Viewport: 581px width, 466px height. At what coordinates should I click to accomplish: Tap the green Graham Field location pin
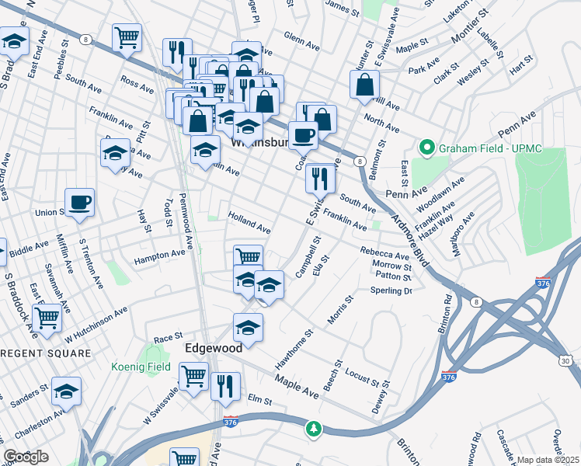coord(426,147)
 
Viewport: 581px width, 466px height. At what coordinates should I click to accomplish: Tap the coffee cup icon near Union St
coord(80,203)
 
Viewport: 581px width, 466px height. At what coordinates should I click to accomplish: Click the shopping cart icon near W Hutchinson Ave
coord(47,317)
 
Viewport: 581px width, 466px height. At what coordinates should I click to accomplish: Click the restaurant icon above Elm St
coord(225,386)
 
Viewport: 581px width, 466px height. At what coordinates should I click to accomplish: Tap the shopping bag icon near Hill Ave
coord(364,85)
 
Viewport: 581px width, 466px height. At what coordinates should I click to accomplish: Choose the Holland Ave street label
coord(249,224)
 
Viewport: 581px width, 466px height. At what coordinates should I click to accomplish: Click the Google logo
coord(26,457)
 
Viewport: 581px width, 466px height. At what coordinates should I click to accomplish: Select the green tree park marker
coord(314,428)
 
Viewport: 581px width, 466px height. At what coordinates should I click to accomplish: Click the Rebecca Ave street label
coord(384,253)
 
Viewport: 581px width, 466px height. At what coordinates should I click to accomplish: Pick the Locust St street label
coord(365,378)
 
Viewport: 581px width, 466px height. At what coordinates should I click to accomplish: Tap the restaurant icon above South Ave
coord(320,179)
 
